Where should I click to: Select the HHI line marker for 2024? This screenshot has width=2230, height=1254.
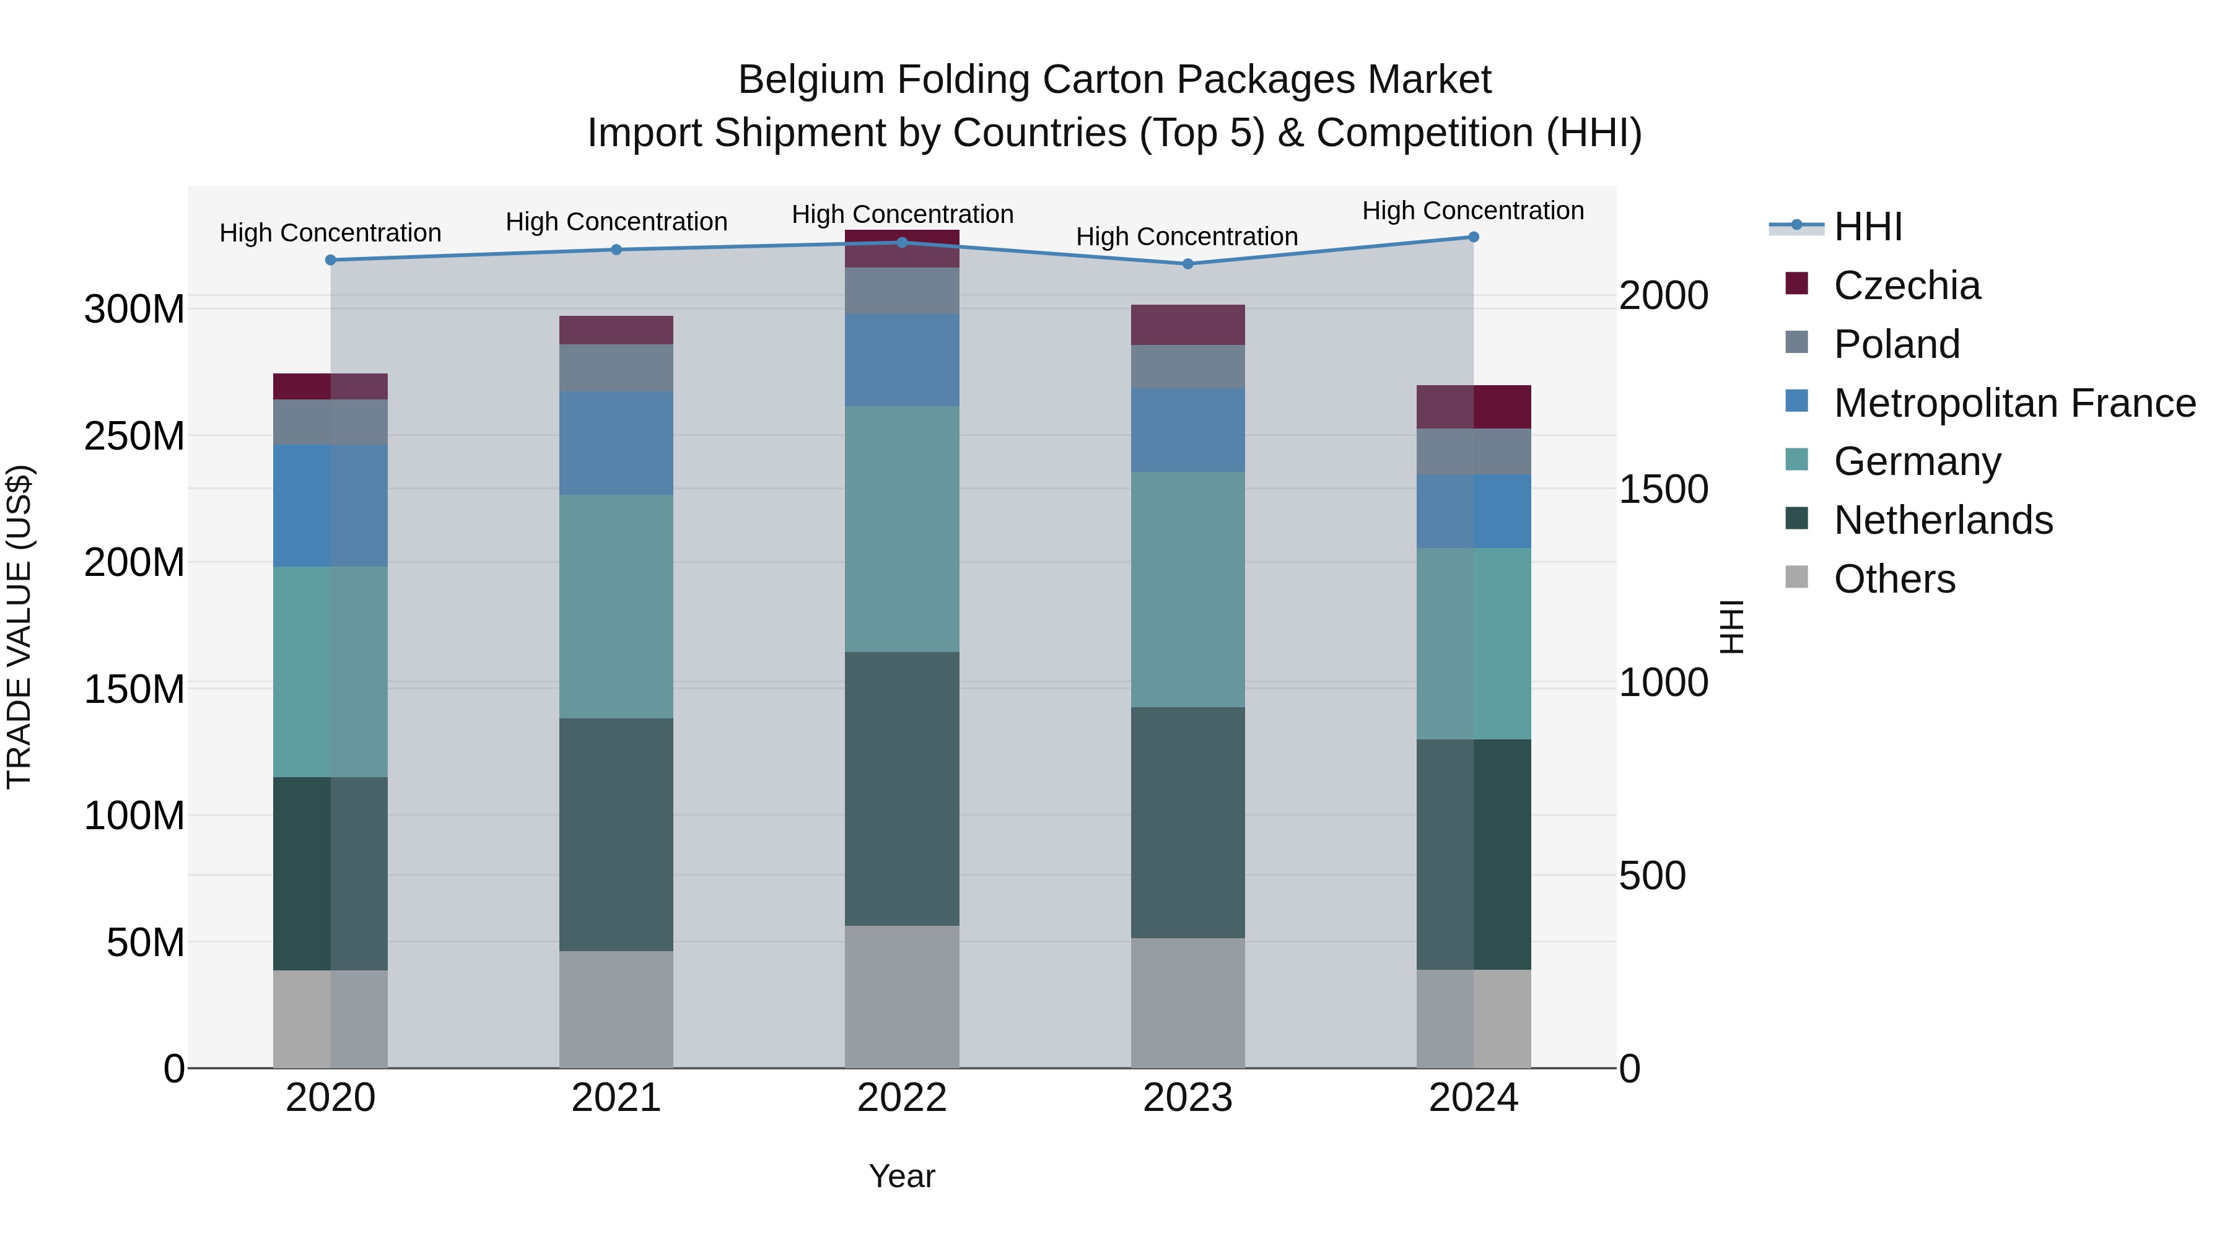tap(1474, 237)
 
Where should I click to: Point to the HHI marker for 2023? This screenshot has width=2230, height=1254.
tap(1187, 264)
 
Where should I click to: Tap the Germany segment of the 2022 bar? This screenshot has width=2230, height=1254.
tap(902, 529)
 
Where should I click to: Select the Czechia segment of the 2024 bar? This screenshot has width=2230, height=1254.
tap(1474, 407)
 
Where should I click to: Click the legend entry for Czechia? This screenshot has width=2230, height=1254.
tap(1906, 285)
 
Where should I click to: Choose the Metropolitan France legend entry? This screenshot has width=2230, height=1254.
tap(2014, 403)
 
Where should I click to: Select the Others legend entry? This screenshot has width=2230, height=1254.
tap(1894, 579)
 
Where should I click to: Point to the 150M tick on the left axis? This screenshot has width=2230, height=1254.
tap(134, 690)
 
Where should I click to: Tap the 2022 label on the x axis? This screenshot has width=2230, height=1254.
tap(902, 1098)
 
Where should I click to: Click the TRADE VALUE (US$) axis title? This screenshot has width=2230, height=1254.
tap(19, 627)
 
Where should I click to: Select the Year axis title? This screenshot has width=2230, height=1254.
tap(902, 1176)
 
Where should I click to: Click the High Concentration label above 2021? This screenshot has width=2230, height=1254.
tap(616, 222)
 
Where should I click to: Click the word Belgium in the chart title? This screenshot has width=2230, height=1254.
tap(810, 80)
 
